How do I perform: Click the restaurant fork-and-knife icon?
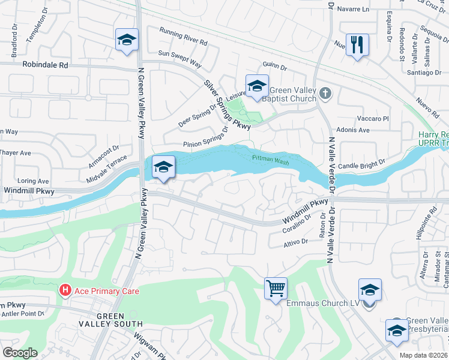(x=357, y=44)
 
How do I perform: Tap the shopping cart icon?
(x=276, y=289)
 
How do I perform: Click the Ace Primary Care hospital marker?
(x=65, y=291)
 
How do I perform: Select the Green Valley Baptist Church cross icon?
(x=325, y=94)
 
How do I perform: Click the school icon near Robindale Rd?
(x=127, y=40)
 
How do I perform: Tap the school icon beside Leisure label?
(x=256, y=85)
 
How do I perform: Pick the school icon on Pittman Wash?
(x=163, y=167)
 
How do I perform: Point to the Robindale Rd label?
(x=45, y=64)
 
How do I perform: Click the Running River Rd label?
(x=183, y=38)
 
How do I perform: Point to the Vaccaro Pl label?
(x=373, y=119)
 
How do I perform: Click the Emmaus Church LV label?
(x=322, y=304)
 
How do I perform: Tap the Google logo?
(x=20, y=353)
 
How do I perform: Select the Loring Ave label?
(x=34, y=181)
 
